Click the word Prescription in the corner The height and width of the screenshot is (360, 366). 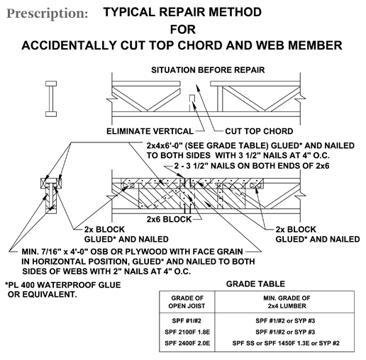48,13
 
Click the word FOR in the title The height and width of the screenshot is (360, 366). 183,30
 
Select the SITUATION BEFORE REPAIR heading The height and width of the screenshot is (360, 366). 208,70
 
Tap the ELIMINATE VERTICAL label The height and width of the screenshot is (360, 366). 150,131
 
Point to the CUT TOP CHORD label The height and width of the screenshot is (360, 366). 259,131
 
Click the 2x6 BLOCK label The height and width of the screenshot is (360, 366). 169,220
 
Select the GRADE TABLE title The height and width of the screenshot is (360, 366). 255,283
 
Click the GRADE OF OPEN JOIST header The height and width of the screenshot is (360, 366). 187,302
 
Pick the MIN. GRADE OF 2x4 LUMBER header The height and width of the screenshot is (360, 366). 287,302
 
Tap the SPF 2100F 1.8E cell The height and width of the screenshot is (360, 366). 187,332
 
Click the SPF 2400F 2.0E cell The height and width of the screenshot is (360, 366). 187,343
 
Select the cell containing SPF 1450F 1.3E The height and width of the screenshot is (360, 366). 286,343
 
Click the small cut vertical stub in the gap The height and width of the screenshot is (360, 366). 192,103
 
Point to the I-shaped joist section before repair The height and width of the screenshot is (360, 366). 51,99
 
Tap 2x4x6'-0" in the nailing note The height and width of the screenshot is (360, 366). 165,146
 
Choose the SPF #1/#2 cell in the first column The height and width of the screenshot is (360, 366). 187,321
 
